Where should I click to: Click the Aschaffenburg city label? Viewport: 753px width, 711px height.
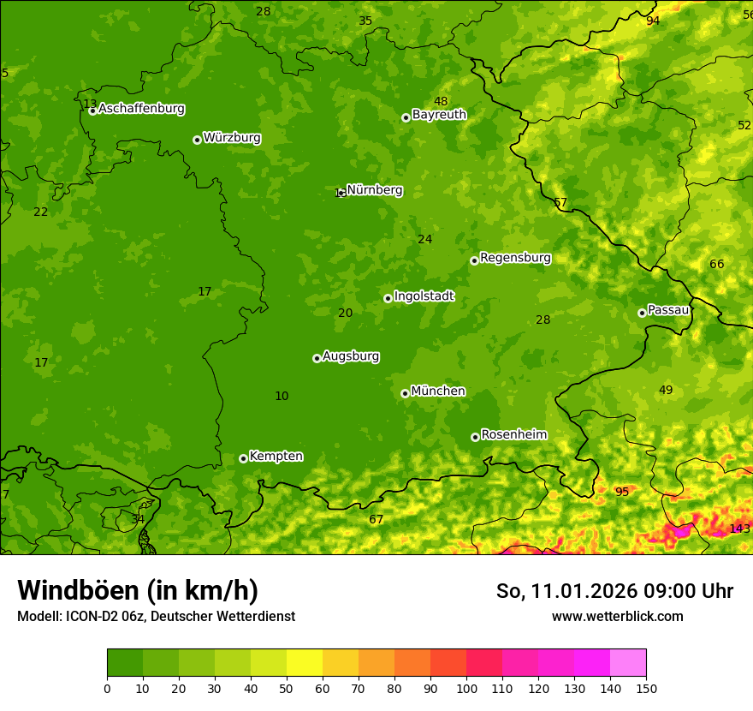click(141, 109)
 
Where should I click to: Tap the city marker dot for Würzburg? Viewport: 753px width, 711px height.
click(197, 140)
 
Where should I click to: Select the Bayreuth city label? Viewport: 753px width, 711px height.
click(439, 115)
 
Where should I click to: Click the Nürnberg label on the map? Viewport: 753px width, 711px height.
click(374, 190)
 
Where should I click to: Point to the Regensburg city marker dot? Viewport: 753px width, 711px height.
click(474, 260)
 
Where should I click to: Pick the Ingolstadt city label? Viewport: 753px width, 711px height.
click(424, 296)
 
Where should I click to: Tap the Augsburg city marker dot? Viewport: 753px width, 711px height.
click(317, 358)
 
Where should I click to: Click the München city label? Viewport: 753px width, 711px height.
click(438, 391)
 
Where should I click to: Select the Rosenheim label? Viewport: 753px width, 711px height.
click(513, 435)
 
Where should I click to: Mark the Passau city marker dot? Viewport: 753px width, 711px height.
click(642, 313)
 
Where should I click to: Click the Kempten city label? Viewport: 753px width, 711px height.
click(276, 457)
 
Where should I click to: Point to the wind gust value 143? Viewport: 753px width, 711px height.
click(739, 529)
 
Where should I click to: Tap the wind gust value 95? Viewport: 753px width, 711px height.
click(622, 492)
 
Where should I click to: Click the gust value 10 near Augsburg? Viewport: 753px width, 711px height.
click(282, 396)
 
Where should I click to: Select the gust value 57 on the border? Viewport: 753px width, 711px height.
click(560, 203)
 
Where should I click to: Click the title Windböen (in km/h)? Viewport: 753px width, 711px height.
click(138, 590)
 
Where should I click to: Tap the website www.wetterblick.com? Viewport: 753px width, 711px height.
click(617, 616)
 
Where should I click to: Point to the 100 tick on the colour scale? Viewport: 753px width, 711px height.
click(466, 688)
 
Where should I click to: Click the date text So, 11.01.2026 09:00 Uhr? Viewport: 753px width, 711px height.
click(614, 591)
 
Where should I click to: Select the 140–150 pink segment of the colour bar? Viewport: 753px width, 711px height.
click(628, 662)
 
